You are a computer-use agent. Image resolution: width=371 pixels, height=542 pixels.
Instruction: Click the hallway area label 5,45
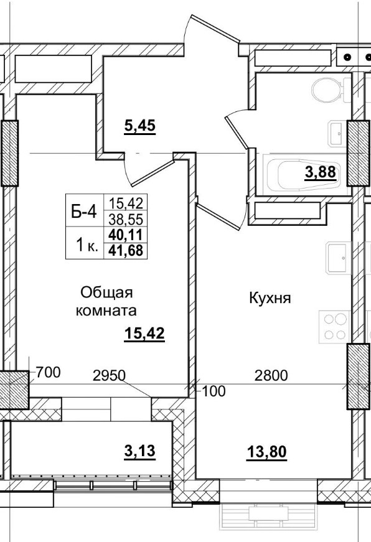[139, 126]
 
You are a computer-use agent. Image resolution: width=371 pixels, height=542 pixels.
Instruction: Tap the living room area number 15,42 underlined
[144, 334]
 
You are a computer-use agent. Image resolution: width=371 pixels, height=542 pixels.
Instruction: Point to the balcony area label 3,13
[139, 451]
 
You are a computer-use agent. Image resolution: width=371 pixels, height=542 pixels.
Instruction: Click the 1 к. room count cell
[85, 245]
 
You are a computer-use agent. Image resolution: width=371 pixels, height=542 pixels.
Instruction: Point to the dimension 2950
[109, 375]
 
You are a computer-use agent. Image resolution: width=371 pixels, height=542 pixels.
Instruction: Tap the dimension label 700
[48, 373]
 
